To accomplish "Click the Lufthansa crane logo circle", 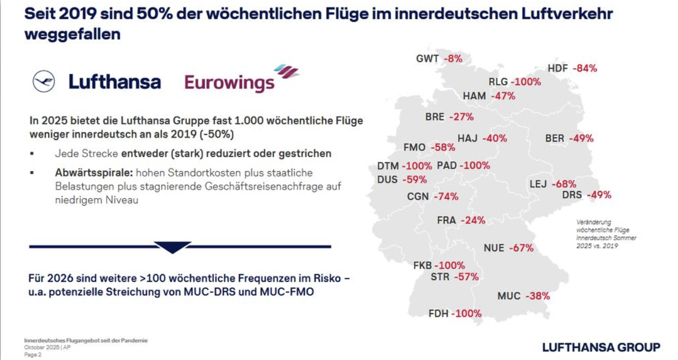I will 44,81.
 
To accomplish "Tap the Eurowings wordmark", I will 229,83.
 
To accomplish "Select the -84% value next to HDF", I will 585,69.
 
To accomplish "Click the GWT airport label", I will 427,59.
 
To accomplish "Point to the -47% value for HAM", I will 503,96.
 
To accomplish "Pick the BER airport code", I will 554,138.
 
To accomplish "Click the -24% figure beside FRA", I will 473,221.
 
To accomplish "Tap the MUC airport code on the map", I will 509,296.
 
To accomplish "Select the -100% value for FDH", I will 466,314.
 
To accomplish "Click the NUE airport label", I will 494,249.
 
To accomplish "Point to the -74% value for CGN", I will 446,197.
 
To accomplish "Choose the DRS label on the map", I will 572,195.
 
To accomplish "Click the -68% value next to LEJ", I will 564,184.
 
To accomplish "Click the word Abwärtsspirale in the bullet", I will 94,172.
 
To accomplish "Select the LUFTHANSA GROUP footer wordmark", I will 601,346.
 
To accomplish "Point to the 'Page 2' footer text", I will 33,355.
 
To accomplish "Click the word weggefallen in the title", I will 72,35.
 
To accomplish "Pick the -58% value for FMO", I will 443,147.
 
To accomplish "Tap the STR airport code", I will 439,277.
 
